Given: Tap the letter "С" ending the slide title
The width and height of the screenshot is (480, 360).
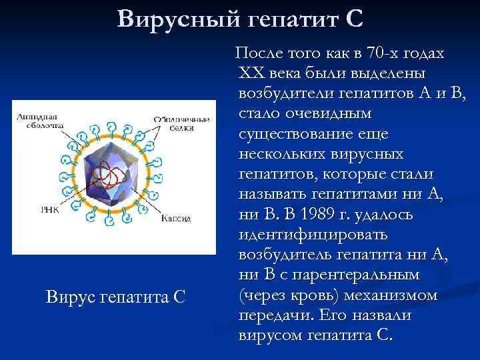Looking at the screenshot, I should (x=355, y=19).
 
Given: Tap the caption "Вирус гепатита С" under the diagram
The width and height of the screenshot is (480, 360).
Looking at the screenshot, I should (x=115, y=296).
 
